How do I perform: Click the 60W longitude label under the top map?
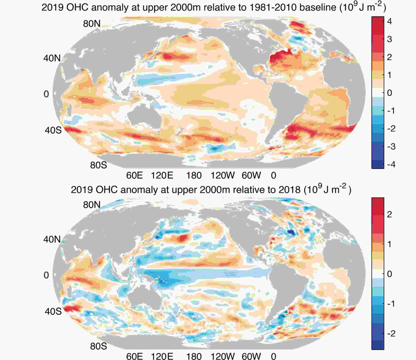(251, 176)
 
